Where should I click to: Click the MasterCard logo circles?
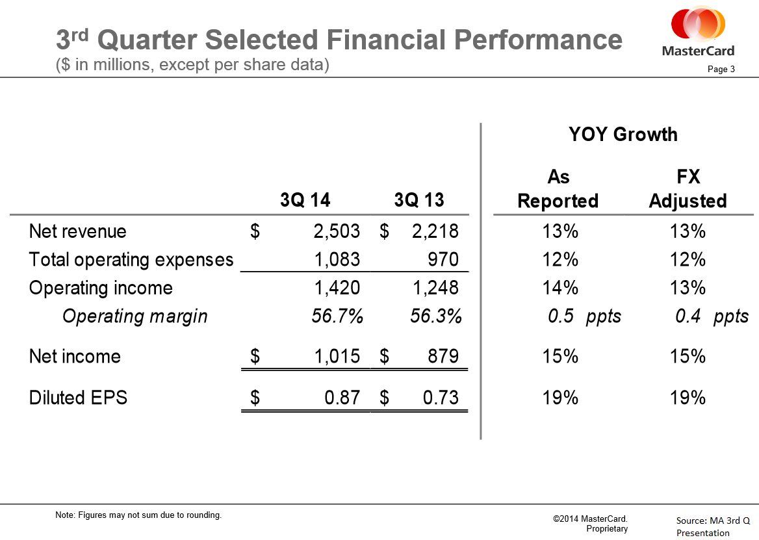pyautogui.click(x=698, y=23)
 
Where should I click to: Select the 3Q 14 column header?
pyautogui.click(x=305, y=200)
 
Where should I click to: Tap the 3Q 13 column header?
pyautogui.click(x=418, y=200)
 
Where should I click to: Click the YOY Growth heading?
pyautogui.click(x=623, y=134)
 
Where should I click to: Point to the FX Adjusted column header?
pyautogui.click(x=688, y=188)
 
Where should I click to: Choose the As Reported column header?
pyautogui.click(x=558, y=188)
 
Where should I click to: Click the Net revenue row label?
pyautogui.click(x=77, y=231)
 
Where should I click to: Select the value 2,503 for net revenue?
pyautogui.click(x=337, y=231)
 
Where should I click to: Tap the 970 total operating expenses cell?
pyautogui.click(x=443, y=259)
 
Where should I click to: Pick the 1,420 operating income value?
pyautogui.click(x=337, y=288)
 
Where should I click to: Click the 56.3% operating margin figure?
pyautogui.click(x=435, y=316)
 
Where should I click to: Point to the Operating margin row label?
pyautogui.click(x=135, y=316)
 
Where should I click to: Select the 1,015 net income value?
pyautogui.click(x=337, y=356)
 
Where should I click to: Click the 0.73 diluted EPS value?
pyautogui.click(x=441, y=398)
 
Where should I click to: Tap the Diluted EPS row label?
pyautogui.click(x=78, y=398)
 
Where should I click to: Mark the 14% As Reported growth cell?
pyautogui.click(x=560, y=288)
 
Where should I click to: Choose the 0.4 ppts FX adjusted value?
pyautogui.click(x=712, y=316)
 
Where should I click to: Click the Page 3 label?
pyautogui.click(x=721, y=69)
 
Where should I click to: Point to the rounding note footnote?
pyautogui.click(x=138, y=515)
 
